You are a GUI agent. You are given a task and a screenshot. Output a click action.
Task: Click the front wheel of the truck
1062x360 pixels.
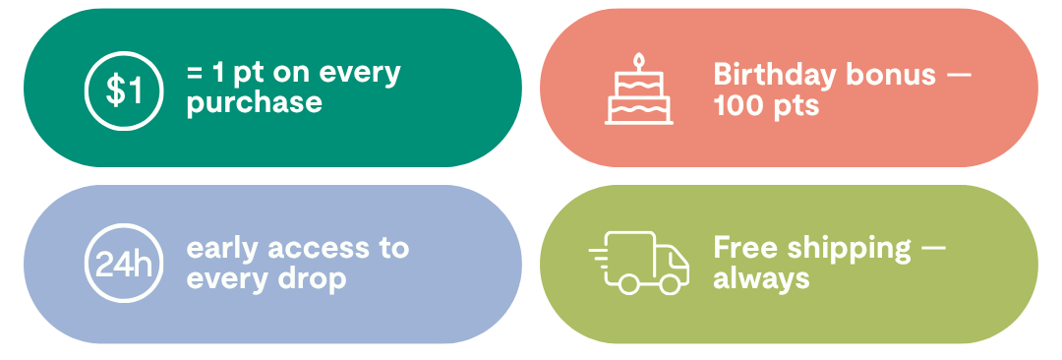pos(670,284)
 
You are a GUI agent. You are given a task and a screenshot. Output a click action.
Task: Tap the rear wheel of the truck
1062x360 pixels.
pos(628,284)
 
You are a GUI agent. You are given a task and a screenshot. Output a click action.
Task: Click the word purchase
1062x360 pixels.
pos(254,104)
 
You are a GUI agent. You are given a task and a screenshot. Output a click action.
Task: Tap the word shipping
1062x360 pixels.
pos(849,250)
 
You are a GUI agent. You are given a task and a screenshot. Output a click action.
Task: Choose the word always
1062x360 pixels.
pos(761,278)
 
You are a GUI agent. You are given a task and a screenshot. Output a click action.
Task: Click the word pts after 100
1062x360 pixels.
pos(796,106)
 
